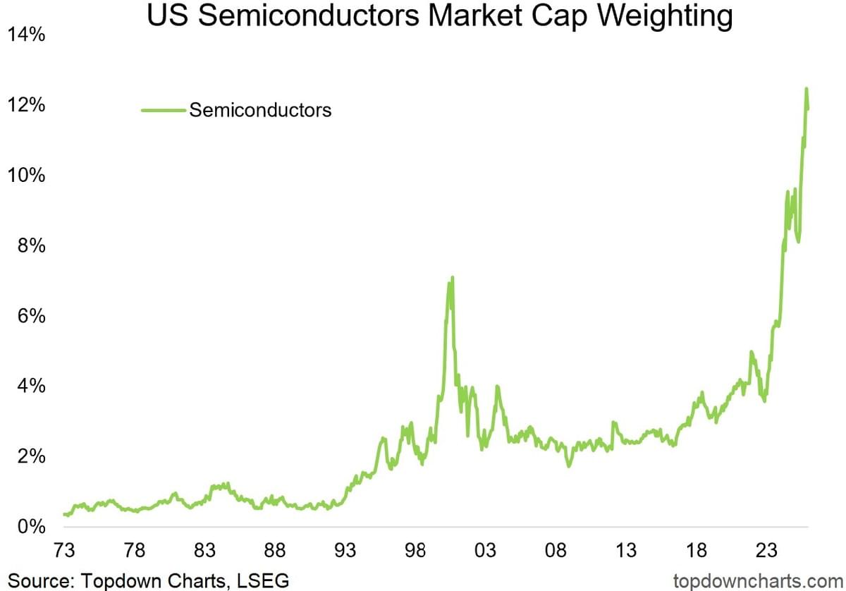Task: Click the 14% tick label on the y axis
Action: (x=27, y=35)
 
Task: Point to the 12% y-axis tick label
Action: (x=27, y=105)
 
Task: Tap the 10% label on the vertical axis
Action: (x=27, y=175)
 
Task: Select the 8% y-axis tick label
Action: (x=32, y=245)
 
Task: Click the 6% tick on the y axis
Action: (x=32, y=316)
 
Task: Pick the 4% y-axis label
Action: (x=32, y=386)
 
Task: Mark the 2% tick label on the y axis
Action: (x=32, y=456)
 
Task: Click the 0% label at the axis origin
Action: (x=32, y=527)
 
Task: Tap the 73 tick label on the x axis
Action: (x=65, y=550)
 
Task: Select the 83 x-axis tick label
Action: (x=205, y=550)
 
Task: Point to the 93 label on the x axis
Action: (x=345, y=550)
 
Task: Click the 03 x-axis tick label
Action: (x=486, y=550)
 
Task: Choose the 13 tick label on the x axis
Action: (x=626, y=550)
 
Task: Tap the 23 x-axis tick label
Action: (x=766, y=550)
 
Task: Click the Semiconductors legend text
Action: (x=260, y=110)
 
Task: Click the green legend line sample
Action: (x=164, y=110)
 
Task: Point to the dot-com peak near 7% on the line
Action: (x=451, y=279)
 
